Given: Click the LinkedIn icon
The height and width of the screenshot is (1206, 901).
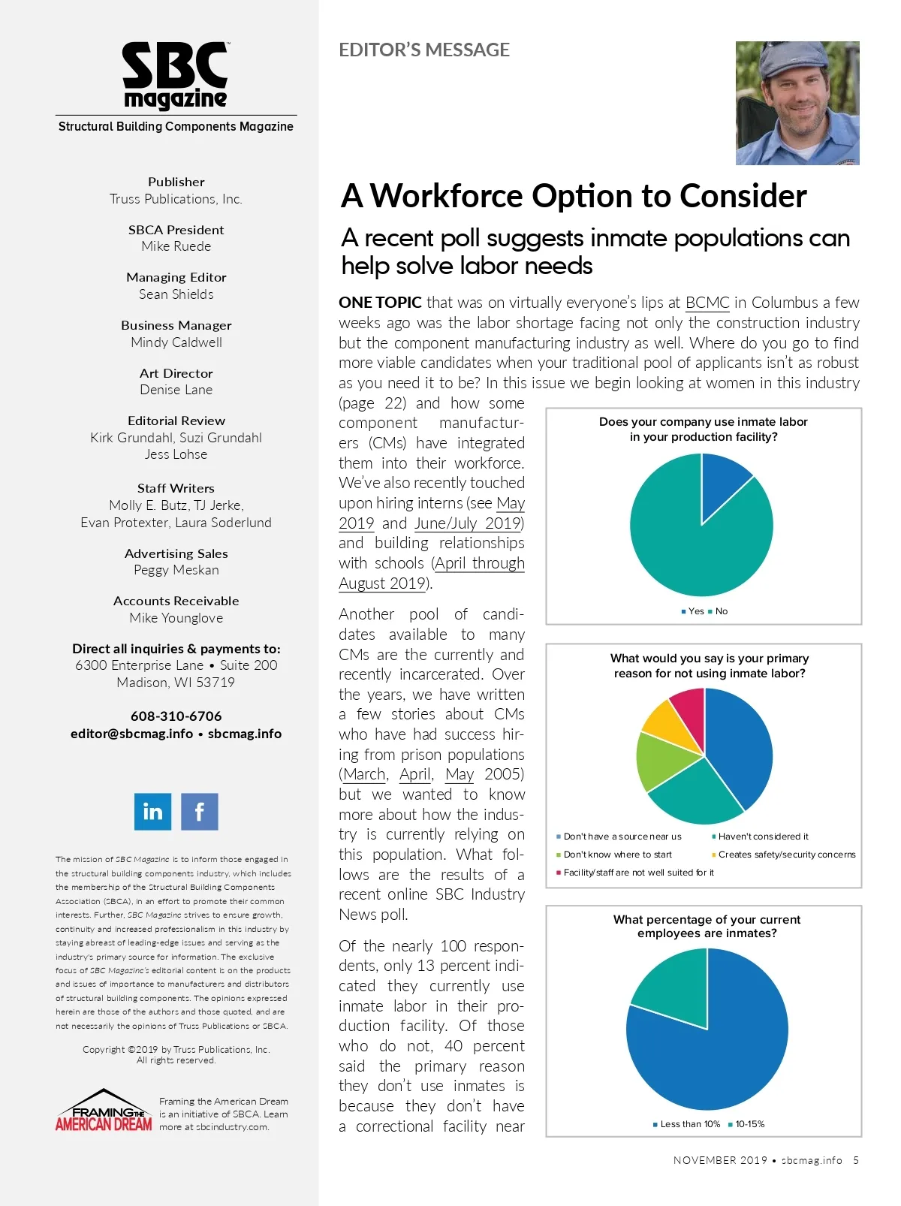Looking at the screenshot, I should point(152,811).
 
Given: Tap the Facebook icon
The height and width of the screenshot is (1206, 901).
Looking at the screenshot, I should point(200,811).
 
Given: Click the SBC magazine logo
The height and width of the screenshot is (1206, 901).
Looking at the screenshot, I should point(175,76).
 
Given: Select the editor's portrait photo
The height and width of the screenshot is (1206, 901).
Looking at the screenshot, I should point(797,103).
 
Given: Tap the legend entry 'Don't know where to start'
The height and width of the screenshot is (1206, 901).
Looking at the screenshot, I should point(617,855).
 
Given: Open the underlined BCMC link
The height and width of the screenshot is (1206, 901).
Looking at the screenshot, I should point(707,303).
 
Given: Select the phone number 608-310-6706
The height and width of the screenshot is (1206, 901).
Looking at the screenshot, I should point(176,716).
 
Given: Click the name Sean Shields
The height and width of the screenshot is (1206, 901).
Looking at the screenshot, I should point(176,294).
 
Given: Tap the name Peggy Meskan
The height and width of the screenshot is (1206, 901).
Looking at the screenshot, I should point(176,570).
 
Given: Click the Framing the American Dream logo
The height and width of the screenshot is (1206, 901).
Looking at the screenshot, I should point(104,1112).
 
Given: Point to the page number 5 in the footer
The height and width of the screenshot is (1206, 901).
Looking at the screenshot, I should point(856,1160).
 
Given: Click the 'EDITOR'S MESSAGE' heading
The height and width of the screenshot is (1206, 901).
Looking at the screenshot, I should point(424,50).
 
